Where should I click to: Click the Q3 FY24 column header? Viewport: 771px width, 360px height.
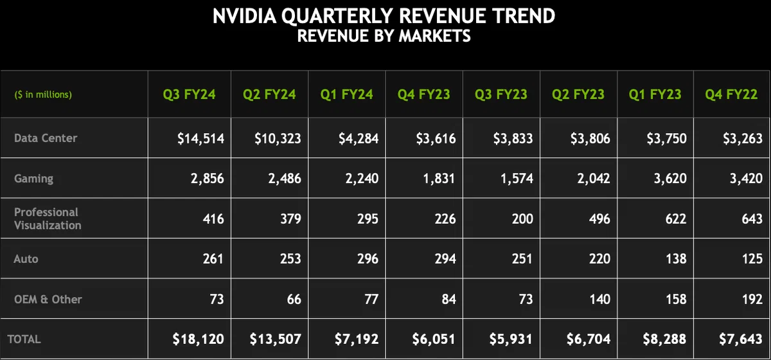(x=190, y=94)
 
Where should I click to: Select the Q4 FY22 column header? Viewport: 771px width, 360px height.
(x=731, y=94)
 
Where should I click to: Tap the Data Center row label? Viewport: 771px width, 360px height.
(x=46, y=138)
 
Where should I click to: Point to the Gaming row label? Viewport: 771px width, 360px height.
(x=33, y=179)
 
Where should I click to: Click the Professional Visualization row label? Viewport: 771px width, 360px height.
(x=48, y=219)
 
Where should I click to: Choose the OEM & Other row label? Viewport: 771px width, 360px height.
(x=48, y=299)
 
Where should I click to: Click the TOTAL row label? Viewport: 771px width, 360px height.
(x=24, y=339)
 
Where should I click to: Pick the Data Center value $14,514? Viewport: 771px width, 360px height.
(x=200, y=138)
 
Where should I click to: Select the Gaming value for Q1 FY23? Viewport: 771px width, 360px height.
(x=670, y=179)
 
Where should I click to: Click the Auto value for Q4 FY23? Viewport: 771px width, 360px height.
(x=445, y=258)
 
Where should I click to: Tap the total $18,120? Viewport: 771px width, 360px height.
(x=199, y=339)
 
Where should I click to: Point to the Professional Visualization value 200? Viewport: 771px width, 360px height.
(x=522, y=219)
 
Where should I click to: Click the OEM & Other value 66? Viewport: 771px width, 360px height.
(x=294, y=299)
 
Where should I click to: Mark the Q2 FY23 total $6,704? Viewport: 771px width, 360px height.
(x=589, y=339)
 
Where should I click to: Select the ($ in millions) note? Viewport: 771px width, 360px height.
(x=43, y=94)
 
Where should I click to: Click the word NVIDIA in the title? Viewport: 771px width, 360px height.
(x=244, y=16)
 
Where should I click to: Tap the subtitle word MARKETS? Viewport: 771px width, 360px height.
(x=434, y=36)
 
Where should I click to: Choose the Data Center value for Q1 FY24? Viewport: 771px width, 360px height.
(x=359, y=138)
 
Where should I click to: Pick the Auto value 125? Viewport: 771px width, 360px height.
(x=752, y=258)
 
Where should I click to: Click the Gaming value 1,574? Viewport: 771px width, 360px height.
(x=517, y=179)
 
